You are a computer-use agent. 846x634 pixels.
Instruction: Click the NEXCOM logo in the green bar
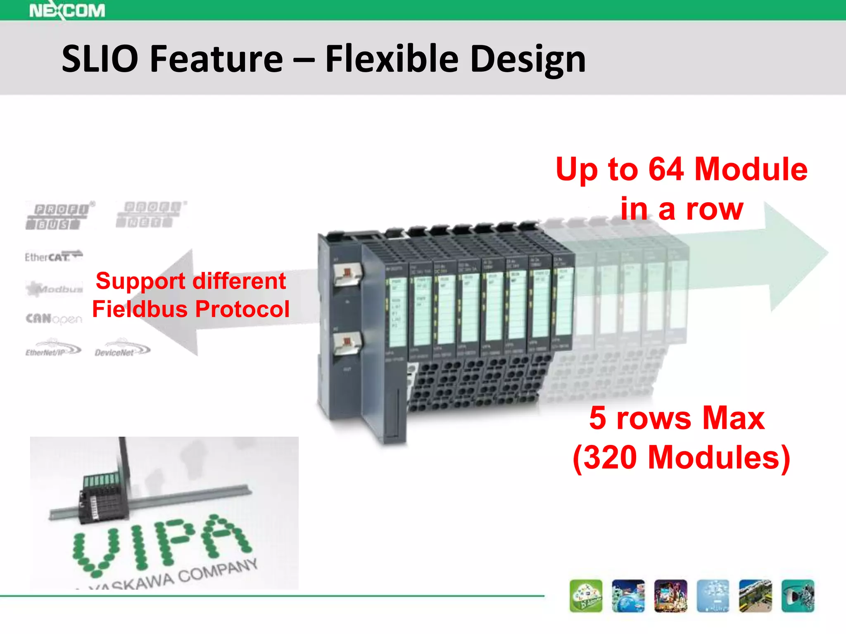click(67, 10)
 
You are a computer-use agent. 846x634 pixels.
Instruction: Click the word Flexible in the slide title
click(392, 59)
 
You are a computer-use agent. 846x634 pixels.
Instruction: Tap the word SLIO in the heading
click(100, 59)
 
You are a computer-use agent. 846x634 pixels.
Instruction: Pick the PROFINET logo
click(151, 214)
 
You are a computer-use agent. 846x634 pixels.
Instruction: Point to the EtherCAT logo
click(53, 256)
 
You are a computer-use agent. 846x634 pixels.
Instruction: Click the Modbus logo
click(54, 289)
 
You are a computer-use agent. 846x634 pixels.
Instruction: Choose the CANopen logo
click(54, 319)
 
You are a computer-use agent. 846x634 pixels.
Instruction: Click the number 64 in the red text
click(665, 169)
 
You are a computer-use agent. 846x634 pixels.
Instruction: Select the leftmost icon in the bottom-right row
click(586, 596)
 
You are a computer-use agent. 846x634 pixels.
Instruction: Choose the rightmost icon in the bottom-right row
click(798, 596)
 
